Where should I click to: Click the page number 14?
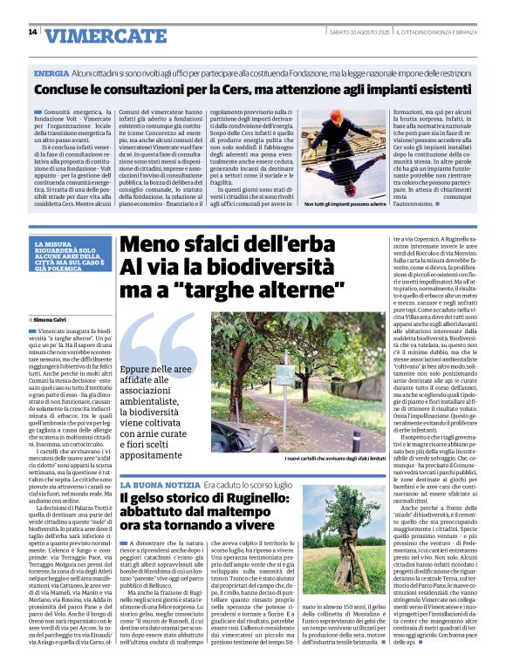(x=32, y=32)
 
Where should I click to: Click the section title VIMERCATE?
(x=97, y=36)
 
